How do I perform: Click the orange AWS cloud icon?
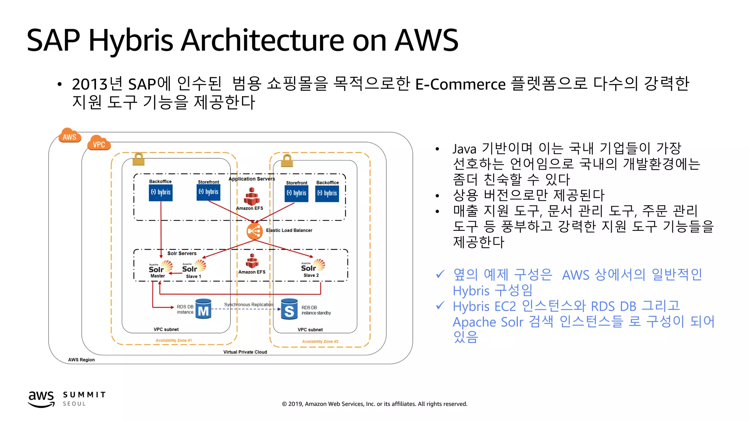click(70, 136)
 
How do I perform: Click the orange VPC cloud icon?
click(99, 143)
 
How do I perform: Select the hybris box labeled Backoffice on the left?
click(161, 193)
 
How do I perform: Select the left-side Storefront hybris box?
click(208, 192)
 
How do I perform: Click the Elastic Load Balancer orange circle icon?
click(255, 231)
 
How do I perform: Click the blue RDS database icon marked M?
click(203, 309)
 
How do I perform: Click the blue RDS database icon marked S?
click(289, 309)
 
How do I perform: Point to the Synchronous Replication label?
click(249, 304)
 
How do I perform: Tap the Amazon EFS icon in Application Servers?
click(252, 197)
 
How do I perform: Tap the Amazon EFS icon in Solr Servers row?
click(252, 261)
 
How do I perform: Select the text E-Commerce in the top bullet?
click(460, 85)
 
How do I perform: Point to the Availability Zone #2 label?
click(320, 341)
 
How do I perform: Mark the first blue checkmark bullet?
click(440, 274)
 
